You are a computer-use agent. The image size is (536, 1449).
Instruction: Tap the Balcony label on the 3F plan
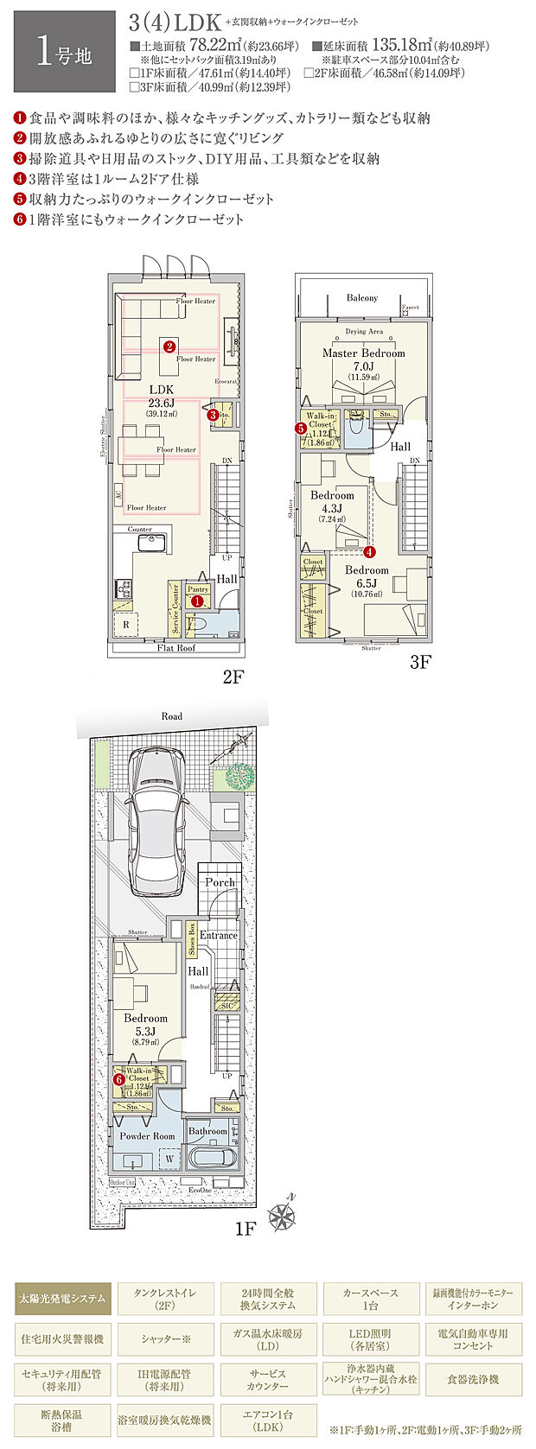(x=362, y=297)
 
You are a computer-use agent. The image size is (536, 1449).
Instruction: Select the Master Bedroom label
(x=363, y=353)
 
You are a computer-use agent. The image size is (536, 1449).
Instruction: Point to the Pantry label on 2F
(x=198, y=589)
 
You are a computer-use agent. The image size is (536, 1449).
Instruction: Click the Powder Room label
(x=147, y=1136)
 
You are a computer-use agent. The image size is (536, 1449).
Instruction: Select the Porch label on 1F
(x=220, y=882)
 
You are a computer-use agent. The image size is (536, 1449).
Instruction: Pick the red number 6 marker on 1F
(x=118, y=1077)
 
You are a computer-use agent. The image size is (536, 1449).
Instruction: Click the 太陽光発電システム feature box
(x=63, y=1298)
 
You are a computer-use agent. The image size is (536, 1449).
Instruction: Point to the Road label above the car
(x=171, y=716)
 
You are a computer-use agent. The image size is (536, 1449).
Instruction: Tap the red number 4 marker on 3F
(x=369, y=550)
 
